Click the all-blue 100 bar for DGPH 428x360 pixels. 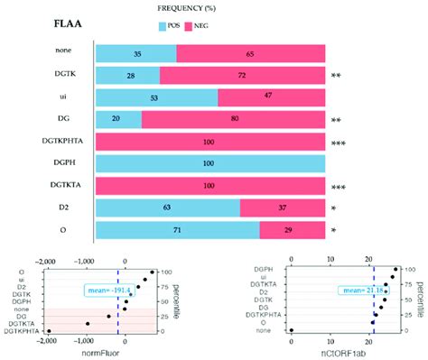coord(209,165)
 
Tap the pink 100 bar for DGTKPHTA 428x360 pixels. coord(209,143)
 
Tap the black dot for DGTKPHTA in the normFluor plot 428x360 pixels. coord(50,331)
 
